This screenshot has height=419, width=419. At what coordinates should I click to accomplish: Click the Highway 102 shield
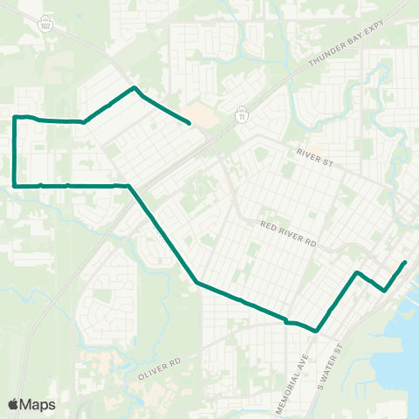point(45,26)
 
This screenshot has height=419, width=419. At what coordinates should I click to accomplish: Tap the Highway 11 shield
point(241,113)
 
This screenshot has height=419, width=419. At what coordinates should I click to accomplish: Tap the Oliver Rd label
point(158,367)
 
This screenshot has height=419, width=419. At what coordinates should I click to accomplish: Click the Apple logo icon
point(13,404)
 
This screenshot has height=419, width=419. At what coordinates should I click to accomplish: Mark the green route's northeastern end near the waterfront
point(405,262)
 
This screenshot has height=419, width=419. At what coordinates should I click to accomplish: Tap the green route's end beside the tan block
point(189,124)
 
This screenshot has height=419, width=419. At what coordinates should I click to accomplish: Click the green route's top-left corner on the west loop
point(15,117)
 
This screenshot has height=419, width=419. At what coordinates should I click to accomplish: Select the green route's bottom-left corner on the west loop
point(15,185)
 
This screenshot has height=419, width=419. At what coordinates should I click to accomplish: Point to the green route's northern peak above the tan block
point(133,87)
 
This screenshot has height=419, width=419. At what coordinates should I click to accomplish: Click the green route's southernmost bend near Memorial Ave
point(316,331)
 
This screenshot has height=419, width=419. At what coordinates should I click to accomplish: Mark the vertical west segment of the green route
point(15,151)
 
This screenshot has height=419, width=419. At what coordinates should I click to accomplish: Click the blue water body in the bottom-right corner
point(397,349)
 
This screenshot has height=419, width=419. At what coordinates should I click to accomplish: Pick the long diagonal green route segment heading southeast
point(163,234)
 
